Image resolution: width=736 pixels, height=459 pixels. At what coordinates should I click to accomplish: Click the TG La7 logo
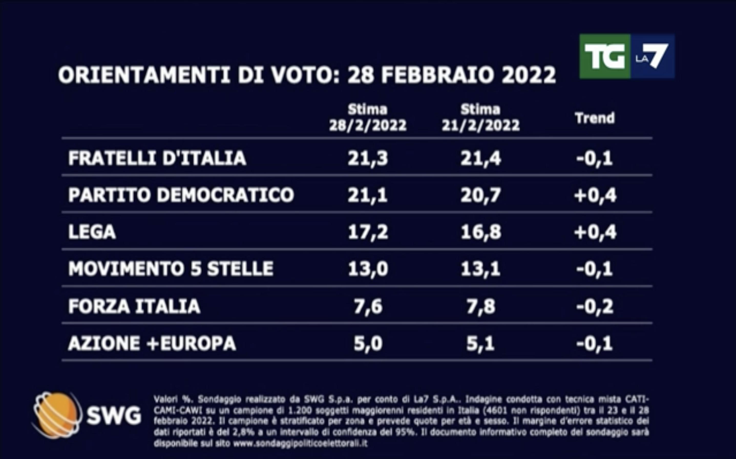click(x=627, y=56)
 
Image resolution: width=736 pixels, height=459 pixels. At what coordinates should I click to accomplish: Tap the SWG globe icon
click(x=56, y=415)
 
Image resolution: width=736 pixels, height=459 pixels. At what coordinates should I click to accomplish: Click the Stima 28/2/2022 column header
click(x=367, y=117)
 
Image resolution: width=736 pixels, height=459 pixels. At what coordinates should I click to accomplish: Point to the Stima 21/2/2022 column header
click(x=480, y=117)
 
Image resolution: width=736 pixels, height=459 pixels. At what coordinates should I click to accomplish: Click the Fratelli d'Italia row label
click(x=157, y=158)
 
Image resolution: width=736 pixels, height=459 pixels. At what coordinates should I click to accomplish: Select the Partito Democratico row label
click(x=181, y=195)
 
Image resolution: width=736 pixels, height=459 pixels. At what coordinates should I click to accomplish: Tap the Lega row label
click(x=92, y=232)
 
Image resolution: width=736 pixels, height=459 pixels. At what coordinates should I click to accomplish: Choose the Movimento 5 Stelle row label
click(x=171, y=269)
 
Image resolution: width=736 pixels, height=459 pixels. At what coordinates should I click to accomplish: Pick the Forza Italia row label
click(x=134, y=306)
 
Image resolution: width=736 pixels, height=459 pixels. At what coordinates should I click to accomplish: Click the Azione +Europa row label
click(x=152, y=343)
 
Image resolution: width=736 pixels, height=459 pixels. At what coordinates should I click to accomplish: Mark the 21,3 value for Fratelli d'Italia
click(x=367, y=158)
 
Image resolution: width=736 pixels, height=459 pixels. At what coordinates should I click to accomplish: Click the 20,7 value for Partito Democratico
click(x=480, y=195)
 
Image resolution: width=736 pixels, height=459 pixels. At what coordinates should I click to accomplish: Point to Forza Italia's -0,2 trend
click(x=594, y=306)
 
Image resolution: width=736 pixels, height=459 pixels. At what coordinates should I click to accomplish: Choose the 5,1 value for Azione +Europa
click(x=480, y=344)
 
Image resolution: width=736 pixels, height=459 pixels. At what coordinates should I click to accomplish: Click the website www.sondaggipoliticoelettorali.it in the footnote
click(x=300, y=443)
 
